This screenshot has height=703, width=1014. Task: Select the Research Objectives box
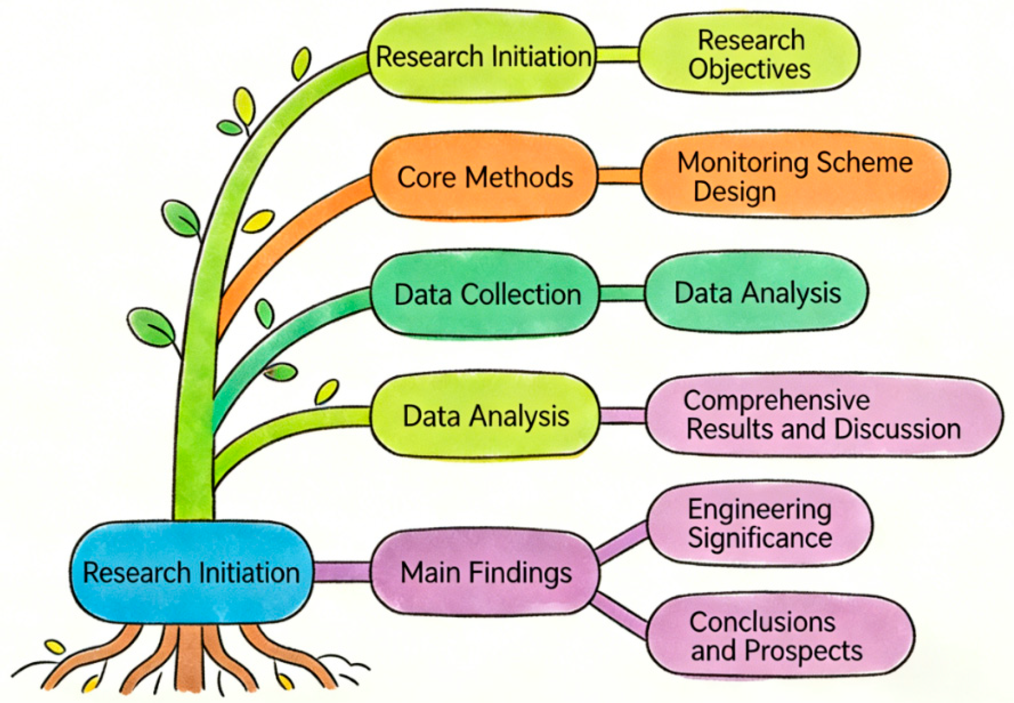point(749,54)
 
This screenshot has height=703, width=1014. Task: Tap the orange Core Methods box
point(484,177)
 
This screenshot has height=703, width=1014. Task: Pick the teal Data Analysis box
point(757,293)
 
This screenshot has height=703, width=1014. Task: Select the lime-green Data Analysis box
point(485,415)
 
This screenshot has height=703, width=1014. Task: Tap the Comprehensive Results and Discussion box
point(823,415)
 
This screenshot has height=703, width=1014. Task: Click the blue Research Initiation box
point(191,572)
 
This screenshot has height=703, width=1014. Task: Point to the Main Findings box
point(485,572)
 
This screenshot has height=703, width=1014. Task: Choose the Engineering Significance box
point(759,524)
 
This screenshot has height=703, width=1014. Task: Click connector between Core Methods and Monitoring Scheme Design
point(619,176)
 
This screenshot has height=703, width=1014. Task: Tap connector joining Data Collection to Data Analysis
point(622,293)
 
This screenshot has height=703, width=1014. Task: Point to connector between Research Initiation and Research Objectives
point(617,54)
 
